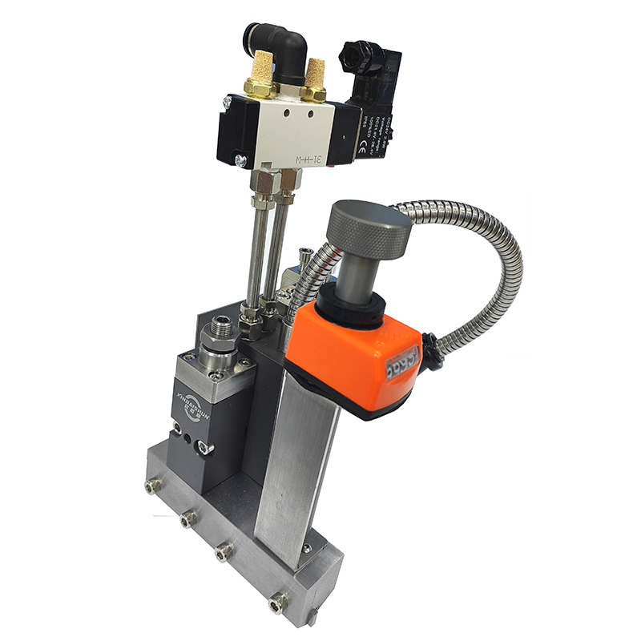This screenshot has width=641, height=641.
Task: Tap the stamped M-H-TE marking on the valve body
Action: click(308, 158)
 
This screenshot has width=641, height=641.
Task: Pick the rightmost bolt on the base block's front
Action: click(276, 600)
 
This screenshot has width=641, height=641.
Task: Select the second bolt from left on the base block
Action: click(188, 519)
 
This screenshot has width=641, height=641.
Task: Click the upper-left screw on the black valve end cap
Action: click(227, 103)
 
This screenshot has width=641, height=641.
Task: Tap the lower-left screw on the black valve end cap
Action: click(240, 159)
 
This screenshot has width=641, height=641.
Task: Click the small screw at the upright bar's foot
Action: click(305, 549)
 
